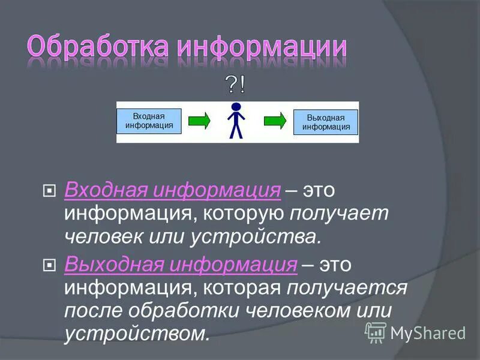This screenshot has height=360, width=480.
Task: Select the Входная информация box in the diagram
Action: point(149,121)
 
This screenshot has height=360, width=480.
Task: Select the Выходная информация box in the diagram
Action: point(326,122)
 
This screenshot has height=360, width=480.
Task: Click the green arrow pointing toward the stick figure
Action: point(199,121)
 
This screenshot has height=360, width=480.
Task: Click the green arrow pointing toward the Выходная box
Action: point(275,121)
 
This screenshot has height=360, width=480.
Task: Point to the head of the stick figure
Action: point(236,107)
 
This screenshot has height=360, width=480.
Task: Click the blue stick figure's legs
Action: point(236,131)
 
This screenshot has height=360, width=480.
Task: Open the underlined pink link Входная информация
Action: point(173,191)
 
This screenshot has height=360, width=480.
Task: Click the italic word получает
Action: point(339,214)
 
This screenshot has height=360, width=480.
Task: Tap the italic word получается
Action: point(347,287)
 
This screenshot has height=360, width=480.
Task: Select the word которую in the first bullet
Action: point(241,214)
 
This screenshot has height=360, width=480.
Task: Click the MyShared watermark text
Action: point(428,332)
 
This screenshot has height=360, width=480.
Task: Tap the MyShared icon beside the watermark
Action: point(376,331)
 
